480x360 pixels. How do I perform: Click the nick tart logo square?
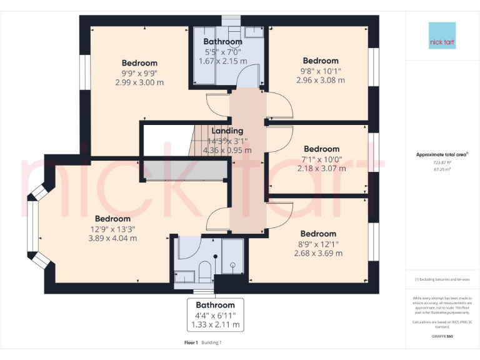(442, 36)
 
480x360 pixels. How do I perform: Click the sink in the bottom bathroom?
(184, 275)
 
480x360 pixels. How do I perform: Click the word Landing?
(227, 131)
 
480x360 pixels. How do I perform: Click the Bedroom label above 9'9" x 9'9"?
(139, 63)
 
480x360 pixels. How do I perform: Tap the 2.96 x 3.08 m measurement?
(321, 80)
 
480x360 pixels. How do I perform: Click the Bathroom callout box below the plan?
(215, 315)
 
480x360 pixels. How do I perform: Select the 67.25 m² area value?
(442, 168)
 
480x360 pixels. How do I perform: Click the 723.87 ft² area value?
(442, 162)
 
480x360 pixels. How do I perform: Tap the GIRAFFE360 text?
(442, 336)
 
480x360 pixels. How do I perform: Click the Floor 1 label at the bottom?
(191, 342)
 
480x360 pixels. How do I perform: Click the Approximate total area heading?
(441, 154)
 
